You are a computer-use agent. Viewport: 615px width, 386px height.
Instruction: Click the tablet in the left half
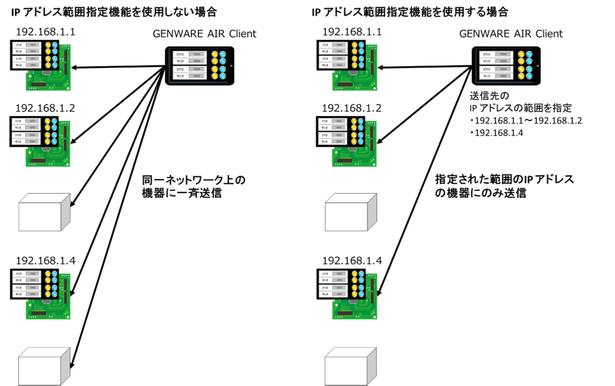(200, 66)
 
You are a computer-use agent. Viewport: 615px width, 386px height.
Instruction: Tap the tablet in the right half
(506, 66)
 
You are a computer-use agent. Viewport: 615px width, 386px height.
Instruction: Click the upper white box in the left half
(44, 212)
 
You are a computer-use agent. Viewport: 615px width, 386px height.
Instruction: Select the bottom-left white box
(44, 367)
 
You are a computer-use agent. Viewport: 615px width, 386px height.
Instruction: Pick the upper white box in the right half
(351, 212)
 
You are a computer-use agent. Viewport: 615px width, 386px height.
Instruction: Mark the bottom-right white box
(350, 367)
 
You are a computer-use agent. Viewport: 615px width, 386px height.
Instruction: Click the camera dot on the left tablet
(231, 66)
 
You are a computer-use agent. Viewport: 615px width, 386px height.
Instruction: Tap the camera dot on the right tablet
(537, 66)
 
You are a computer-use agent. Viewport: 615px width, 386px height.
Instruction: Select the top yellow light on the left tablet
(215, 54)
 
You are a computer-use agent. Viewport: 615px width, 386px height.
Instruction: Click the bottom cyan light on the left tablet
(222, 76)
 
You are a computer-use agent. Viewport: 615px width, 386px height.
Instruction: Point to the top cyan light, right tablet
(529, 54)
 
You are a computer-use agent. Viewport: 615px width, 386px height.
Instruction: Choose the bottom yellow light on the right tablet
(521, 76)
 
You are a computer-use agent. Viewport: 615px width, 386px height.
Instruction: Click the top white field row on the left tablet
(189, 54)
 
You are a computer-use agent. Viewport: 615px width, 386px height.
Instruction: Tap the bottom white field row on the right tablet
(496, 76)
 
